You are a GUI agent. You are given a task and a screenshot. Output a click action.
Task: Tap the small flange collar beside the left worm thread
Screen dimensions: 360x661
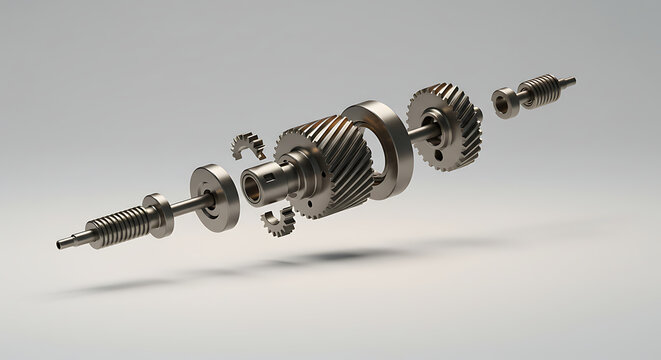pyautogui.click(x=157, y=213)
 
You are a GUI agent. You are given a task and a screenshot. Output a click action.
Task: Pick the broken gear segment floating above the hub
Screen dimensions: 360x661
pyautogui.click(x=246, y=146)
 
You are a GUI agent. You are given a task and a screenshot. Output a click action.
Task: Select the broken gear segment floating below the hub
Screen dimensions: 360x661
pyautogui.click(x=278, y=221)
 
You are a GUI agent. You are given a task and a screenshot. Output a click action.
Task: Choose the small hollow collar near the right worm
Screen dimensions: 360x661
pyautogui.click(x=505, y=100)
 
